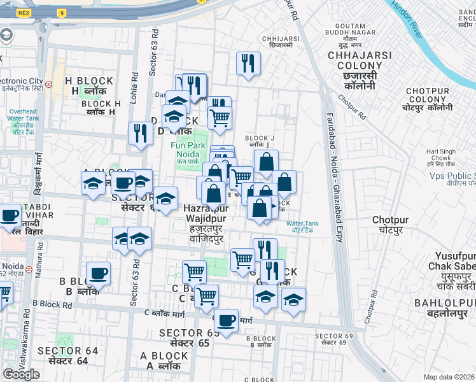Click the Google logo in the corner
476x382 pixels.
[21, 374]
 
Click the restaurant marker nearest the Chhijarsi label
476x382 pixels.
[247, 63]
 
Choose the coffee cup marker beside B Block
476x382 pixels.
[98, 274]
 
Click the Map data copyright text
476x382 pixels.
[449, 377]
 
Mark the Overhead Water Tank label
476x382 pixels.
[23, 118]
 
